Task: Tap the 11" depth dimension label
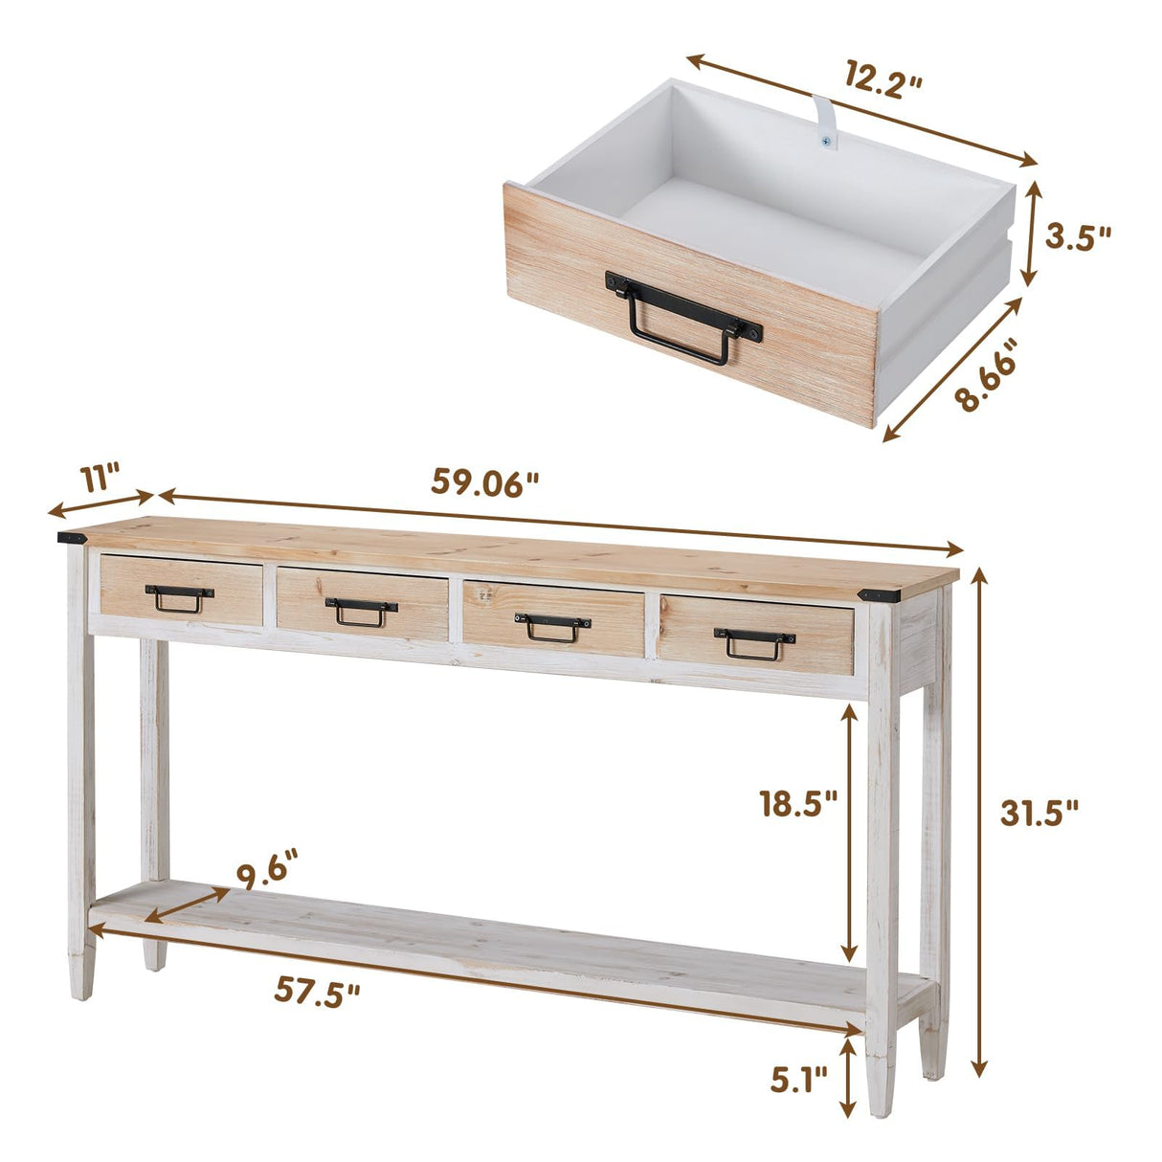pyautogui.click(x=101, y=476)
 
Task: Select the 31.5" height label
pyautogui.click(x=1039, y=813)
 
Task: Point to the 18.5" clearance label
pyautogui.click(x=798, y=802)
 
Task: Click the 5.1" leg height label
pyautogui.click(x=798, y=1081)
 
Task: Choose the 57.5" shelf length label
pyautogui.click(x=318, y=992)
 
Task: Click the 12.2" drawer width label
pyautogui.click(x=883, y=78)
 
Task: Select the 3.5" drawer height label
pyautogui.click(x=1078, y=236)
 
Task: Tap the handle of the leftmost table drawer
pyautogui.click(x=179, y=597)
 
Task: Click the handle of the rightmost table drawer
pyautogui.click(x=754, y=644)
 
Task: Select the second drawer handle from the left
pyautogui.click(x=361, y=611)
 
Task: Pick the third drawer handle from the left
pyautogui.click(x=553, y=627)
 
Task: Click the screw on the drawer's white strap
pyautogui.click(x=824, y=141)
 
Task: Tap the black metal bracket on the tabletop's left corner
pyautogui.click(x=73, y=538)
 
